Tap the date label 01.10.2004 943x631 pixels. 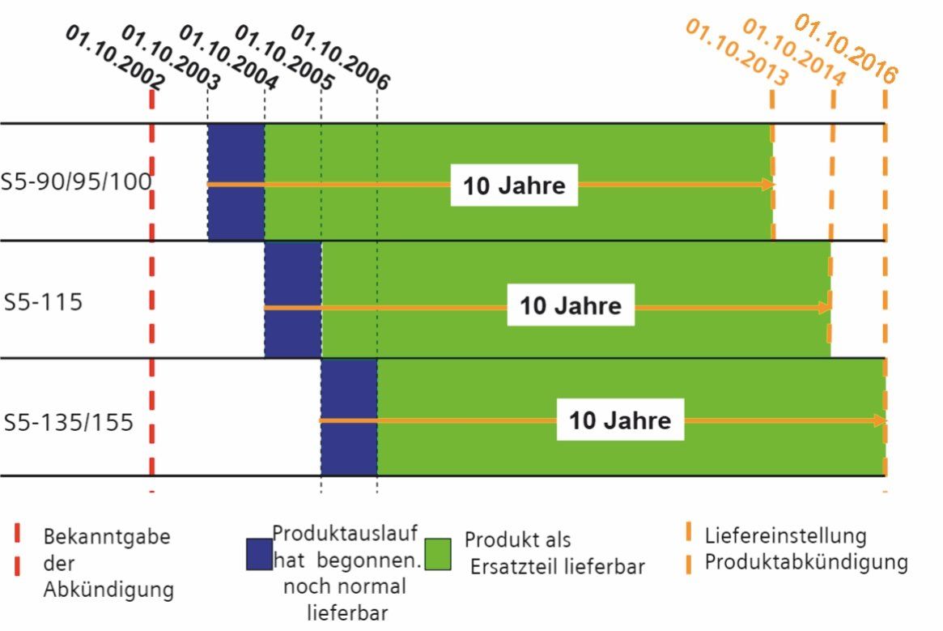click(x=227, y=57)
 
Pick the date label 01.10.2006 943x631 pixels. click(x=340, y=57)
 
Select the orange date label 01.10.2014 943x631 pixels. click(x=793, y=52)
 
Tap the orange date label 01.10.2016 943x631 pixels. click(x=847, y=49)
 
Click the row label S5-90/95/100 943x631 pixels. click(x=77, y=181)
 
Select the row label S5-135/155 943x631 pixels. click(x=68, y=422)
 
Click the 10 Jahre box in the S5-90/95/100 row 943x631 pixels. click(x=514, y=185)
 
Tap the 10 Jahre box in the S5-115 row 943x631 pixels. click(x=570, y=306)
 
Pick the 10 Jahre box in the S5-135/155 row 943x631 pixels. click(x=620, y=421)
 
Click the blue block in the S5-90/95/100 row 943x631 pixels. click(x=236, y=182)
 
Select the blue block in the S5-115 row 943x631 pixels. click(x=293, y=299)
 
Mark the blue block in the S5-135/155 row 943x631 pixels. click(x=349, y=417)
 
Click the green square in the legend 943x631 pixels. click(x=438, y=553)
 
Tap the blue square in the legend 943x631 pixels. click(x=259, y=553)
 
